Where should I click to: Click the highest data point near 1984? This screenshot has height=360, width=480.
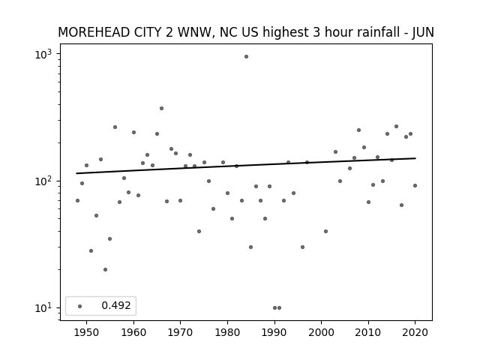[246, 57]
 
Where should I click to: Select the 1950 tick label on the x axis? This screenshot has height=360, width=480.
[87, 332]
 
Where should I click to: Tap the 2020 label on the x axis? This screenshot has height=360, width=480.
[415, 332]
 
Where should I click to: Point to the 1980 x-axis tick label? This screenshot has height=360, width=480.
[227, 332]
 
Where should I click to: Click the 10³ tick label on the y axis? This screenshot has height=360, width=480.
[43, 55]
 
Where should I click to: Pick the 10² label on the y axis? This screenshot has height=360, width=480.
[43, 181]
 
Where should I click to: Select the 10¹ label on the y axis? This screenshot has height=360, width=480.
[43, 308]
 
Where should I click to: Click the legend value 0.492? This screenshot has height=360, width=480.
[116, 305]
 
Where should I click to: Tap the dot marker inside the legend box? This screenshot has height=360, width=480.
[80, 306]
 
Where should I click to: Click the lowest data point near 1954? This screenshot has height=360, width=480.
[105, 270]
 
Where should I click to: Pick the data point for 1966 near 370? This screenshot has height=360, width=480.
[162, 108]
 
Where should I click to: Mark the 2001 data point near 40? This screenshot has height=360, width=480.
[325, 232]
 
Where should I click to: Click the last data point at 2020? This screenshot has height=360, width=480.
[415, 185]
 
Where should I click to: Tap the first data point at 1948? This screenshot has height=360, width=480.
[77, 200]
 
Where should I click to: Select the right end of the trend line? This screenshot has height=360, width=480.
[415, 158]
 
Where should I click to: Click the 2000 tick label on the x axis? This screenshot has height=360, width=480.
[322, 332]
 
